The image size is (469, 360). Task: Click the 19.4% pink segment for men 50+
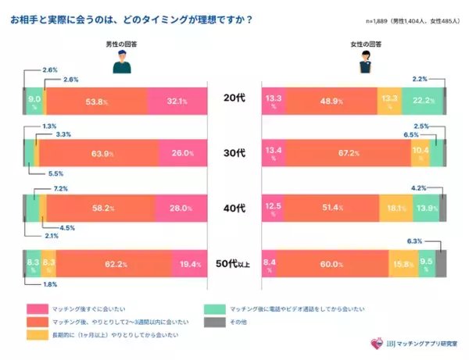click(x=189, y=265)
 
